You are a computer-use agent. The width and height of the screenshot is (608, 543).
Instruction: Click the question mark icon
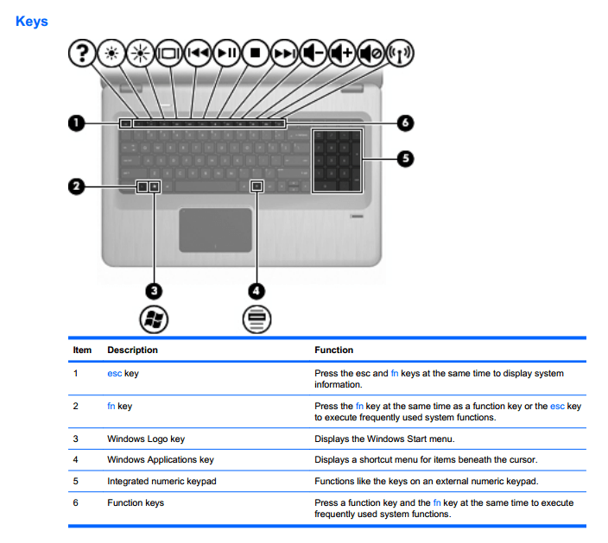click(82, 54)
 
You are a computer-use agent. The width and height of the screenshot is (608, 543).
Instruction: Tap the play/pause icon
click(227, 54)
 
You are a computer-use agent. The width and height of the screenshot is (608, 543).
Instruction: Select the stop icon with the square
click(255, 54)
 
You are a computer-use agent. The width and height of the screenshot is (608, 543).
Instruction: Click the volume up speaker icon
click(342, 54)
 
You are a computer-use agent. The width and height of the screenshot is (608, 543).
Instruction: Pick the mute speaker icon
click(371, 54)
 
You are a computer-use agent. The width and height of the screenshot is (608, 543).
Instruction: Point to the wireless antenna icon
click(400, 54)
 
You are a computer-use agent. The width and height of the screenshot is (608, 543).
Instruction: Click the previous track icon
click(198, 54)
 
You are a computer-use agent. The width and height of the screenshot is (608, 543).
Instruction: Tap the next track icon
click(284, 54)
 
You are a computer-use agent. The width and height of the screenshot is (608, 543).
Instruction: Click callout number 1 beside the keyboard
click(77, 124)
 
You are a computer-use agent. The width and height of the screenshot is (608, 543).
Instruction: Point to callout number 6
click(405, 123)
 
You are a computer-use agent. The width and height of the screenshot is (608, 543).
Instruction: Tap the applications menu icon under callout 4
click(256, 319)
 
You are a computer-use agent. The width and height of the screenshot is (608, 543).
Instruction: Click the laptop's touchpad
click(216, 230)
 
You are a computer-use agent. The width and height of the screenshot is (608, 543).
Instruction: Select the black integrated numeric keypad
click(337, 161)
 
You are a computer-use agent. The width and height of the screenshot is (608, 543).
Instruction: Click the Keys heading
click(32, 20)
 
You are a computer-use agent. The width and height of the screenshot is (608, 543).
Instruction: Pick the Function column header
click(334, 350)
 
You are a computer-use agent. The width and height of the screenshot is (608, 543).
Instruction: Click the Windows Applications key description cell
click(160, 459)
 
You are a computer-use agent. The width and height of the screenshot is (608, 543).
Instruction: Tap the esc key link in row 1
click(115, 374)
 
